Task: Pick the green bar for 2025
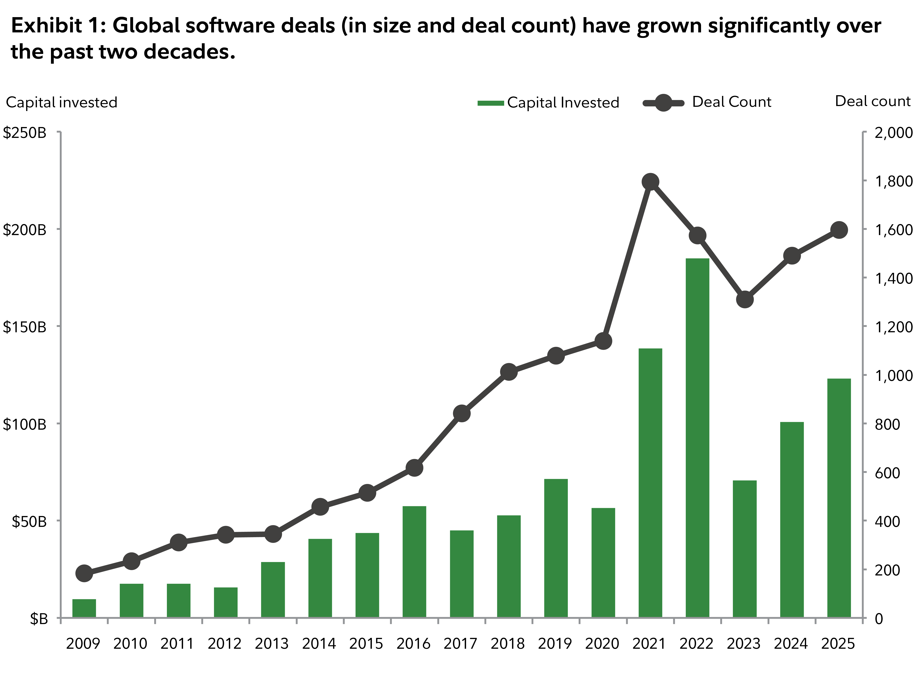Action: tap(839, 498)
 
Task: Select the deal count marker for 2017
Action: tap(461, 413)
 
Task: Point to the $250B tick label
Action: tap(25, 133)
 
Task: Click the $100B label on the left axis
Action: tap(25, 424)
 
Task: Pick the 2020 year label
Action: tap(602, 644)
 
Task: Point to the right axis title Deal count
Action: tap(872, 101)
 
